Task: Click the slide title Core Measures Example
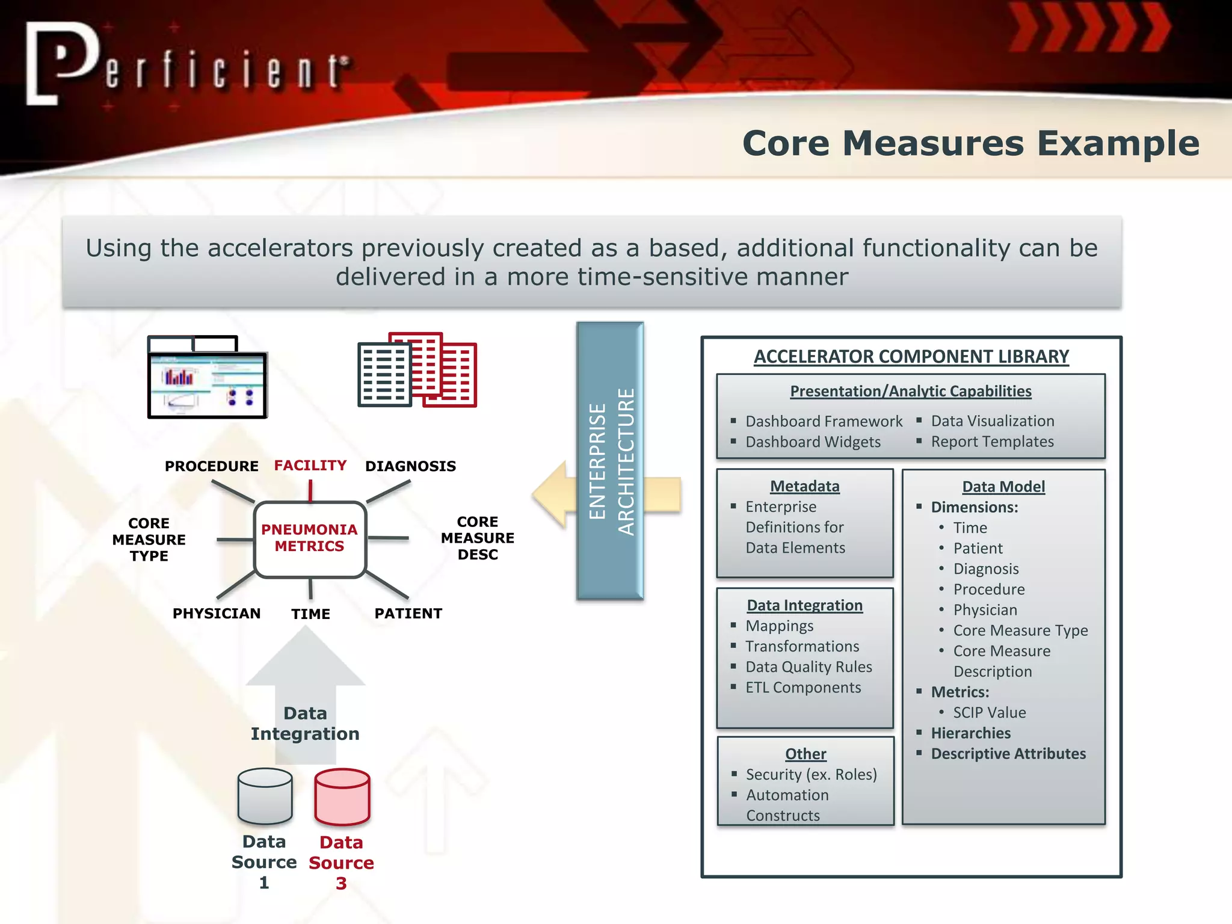(x=970, y=144)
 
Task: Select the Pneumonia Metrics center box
(x=309, y=538)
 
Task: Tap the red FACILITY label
(x=310, y=466)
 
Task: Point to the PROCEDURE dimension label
(x=211, y=466)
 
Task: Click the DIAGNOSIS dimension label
(x=410, y=466)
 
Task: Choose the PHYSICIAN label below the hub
(x=217, y=614)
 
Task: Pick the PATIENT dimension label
(x=408, y=614)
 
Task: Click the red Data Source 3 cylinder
(x=342, y=796)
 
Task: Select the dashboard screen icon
(x=207, y=378)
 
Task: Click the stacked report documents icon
(x=417, y=370)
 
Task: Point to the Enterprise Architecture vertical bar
(x=610, y=461)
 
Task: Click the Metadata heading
(x=804, y=486)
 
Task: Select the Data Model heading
(x=1003, y=487)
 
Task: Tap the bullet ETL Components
(x=803, y=688)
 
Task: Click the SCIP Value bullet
(x=989, y=713)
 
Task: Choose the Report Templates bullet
(x=992, y=442)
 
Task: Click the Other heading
(x=805, y=754)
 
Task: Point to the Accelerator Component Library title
(x=911, y=357)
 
